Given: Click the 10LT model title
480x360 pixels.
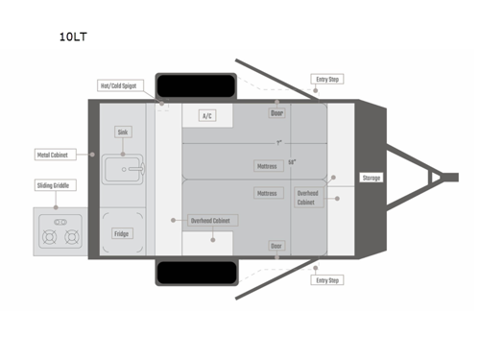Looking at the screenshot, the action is coord(74,37).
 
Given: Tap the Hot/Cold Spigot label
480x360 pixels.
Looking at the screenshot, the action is coord(120,85).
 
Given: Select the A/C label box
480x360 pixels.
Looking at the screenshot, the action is coord(206,116).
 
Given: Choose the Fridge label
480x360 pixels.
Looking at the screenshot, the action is coord(122,233).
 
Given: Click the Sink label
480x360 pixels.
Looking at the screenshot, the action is coord(123,132).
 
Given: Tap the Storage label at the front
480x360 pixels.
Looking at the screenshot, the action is coord(372,178).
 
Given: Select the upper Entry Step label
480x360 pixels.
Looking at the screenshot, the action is coord(327,79).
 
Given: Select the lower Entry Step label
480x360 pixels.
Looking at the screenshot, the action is coord(327,280).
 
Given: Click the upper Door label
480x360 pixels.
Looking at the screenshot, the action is coord(276,113).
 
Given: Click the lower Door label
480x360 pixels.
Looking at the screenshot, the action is coord(276,246).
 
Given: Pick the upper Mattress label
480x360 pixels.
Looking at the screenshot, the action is coord(267,165).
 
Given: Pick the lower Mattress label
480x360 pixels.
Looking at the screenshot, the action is coord(267,193).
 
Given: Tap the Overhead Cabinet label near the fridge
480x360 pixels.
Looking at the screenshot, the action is coord(213,220).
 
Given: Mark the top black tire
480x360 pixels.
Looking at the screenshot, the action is coord(196,84).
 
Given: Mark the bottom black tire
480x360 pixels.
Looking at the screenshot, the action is coord(196,274).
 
